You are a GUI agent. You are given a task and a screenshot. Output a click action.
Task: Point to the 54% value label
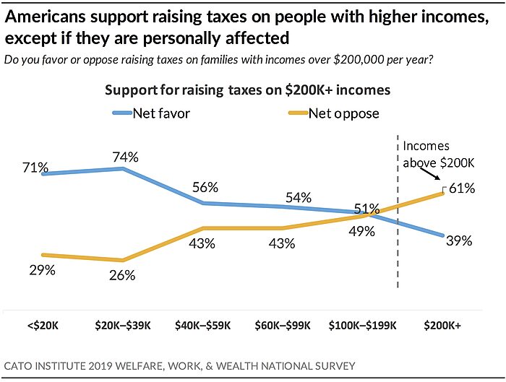298,197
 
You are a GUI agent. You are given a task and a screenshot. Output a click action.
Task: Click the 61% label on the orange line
461,189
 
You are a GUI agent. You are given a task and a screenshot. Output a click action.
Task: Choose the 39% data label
458,241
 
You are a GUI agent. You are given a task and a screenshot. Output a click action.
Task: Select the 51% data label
366,209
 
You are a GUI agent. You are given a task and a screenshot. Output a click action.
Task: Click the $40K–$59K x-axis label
202,326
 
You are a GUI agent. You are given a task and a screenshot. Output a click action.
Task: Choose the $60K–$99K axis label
283,326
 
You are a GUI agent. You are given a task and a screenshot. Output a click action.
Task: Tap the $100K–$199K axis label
363,326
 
